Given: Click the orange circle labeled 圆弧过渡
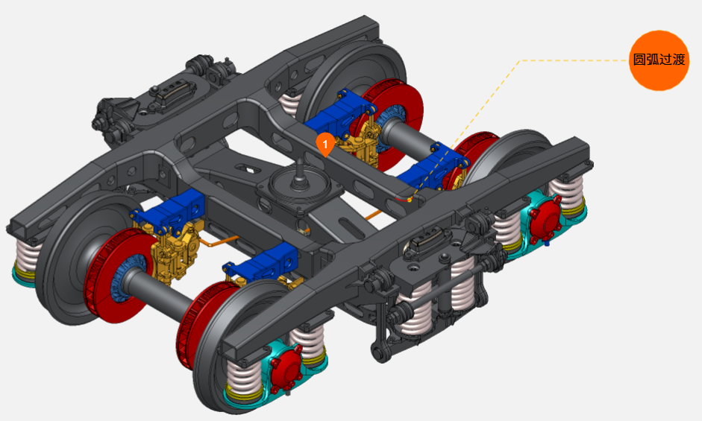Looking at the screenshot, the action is coord(659,60).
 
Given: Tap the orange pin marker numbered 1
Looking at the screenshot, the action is coord(325,145).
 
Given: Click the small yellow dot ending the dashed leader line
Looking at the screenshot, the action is coord(410,200).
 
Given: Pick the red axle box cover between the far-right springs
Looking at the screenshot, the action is coord(545,219).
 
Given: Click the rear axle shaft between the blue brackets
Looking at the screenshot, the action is coord(410,136).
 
